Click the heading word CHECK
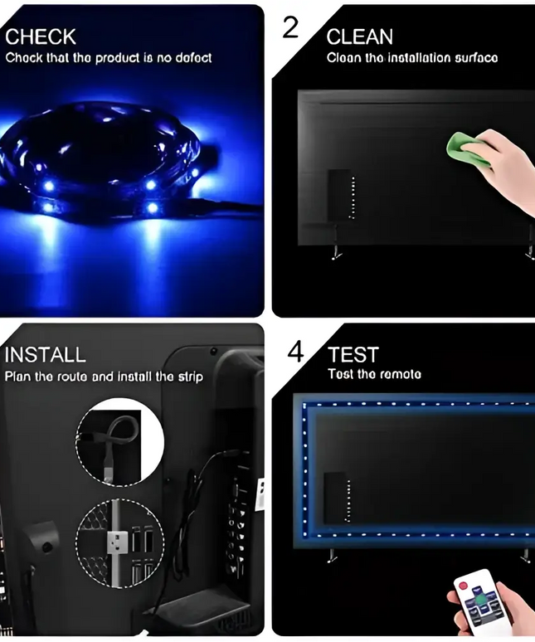[x=41, y=36]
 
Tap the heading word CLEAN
[x=360, y=36]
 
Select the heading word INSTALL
[x=46, y=355]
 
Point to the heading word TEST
[x=353, y=355]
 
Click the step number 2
[x=290, y=27]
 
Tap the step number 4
[x=296, y=352]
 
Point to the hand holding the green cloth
[x=503, y=161]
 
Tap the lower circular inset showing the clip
[x=119, y=539]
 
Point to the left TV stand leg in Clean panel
[x=336, y=250]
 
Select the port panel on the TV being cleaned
[x=340, y=195]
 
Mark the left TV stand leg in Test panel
[x=332, y=553]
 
